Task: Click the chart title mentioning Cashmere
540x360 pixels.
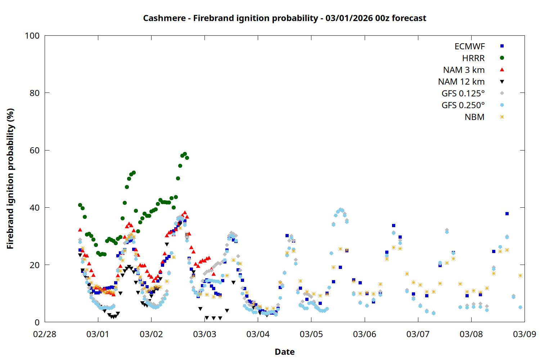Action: tap(284, 18)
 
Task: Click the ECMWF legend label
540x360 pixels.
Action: tap(469, 46)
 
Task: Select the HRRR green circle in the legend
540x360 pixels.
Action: tap(502, 58)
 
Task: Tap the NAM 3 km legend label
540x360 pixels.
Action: tap(464, 70)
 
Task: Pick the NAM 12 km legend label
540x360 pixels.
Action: tap(461, 82)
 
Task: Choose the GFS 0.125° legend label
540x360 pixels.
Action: tap(463, 94)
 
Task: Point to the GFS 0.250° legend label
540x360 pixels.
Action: tap(463, 105)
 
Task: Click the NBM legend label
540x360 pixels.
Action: tap(474, 117)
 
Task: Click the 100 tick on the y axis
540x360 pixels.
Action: tap(32, 36)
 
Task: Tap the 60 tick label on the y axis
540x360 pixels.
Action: tap(35, 150)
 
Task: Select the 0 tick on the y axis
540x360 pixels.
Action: tap(37, 323)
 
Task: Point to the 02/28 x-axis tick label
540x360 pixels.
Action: tap(45, 334)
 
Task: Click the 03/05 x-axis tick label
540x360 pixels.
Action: tap(311, 334)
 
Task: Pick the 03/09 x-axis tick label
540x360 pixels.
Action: tap(525, 334)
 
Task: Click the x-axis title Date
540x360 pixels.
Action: tap(284, 352)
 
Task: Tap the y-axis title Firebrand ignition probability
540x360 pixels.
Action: tap(10, 179)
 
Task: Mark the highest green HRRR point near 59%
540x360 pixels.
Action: tap(185, 154)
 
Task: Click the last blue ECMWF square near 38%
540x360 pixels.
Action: tap(507, 213)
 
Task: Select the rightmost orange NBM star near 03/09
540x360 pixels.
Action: tap(520, 276)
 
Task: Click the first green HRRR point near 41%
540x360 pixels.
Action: tap(80, 205)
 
